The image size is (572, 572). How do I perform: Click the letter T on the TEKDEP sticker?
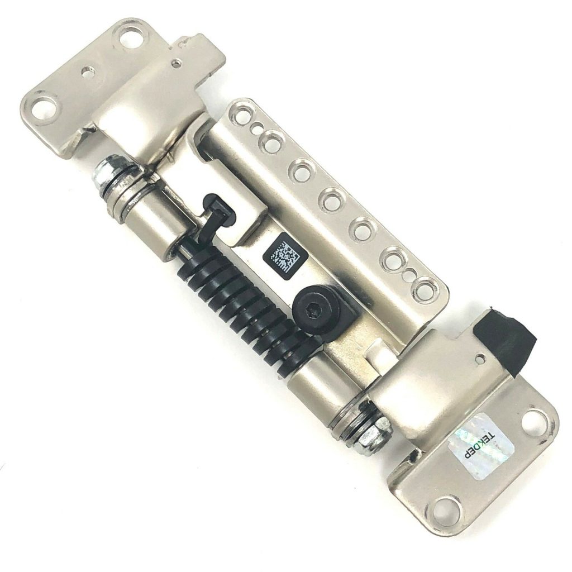(492, 432)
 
